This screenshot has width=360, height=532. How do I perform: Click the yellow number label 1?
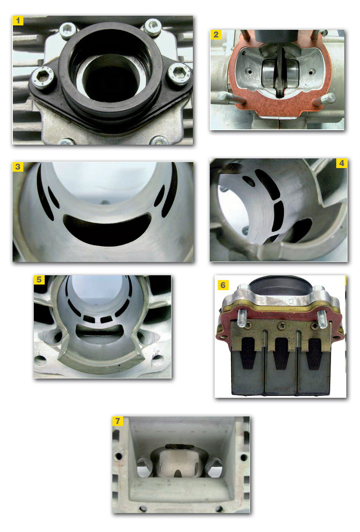coord(18,21)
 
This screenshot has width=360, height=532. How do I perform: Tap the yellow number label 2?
coord(216,35)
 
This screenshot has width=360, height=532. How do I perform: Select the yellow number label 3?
coord(18,167)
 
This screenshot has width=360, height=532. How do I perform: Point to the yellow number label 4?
coord(341,163)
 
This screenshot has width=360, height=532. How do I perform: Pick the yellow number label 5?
coord(39,280)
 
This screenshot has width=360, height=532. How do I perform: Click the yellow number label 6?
coord(223,285)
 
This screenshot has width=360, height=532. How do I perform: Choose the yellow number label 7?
coord(118,421)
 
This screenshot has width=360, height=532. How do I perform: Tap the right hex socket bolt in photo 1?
coord(178,73)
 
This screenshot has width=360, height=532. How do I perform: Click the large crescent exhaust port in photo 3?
coord(107,229)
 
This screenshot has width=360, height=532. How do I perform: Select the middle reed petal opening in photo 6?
coord(281,353)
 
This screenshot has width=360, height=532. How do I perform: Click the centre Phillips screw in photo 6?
coord(281,324)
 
